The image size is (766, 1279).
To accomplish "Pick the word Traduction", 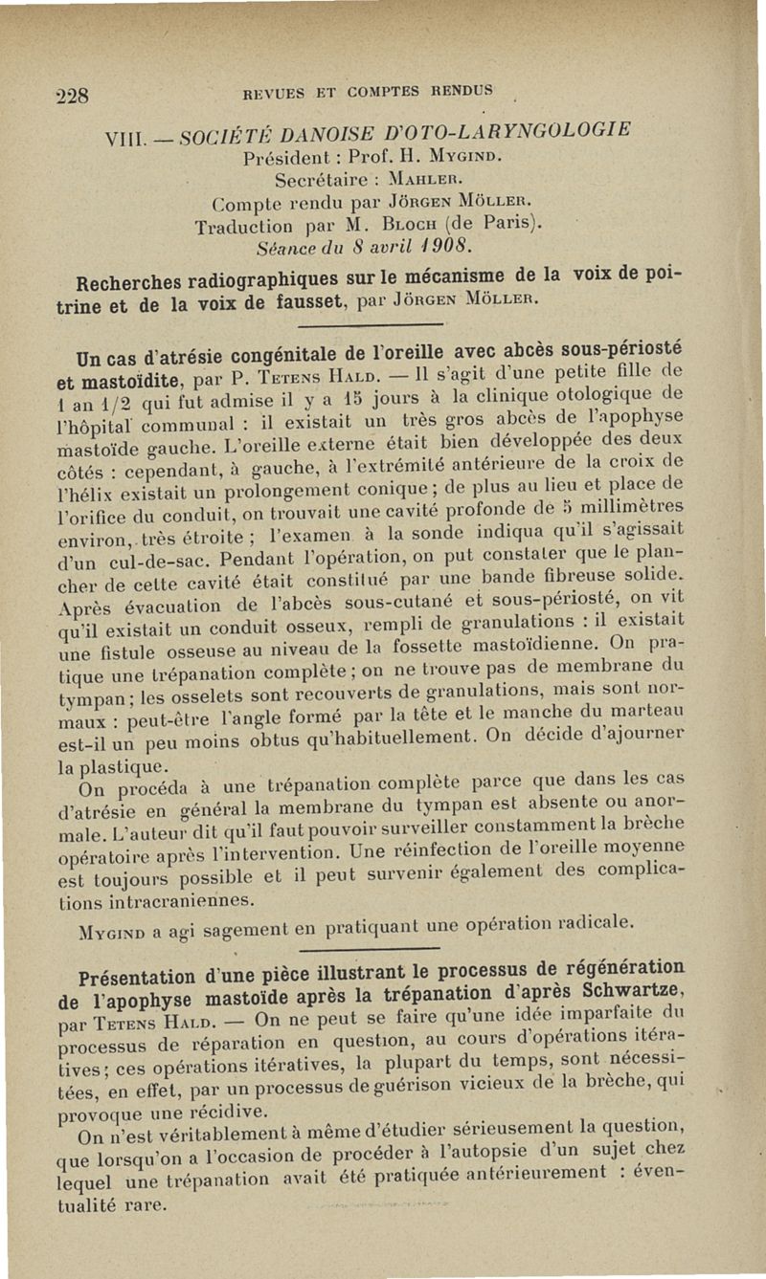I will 250,227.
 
